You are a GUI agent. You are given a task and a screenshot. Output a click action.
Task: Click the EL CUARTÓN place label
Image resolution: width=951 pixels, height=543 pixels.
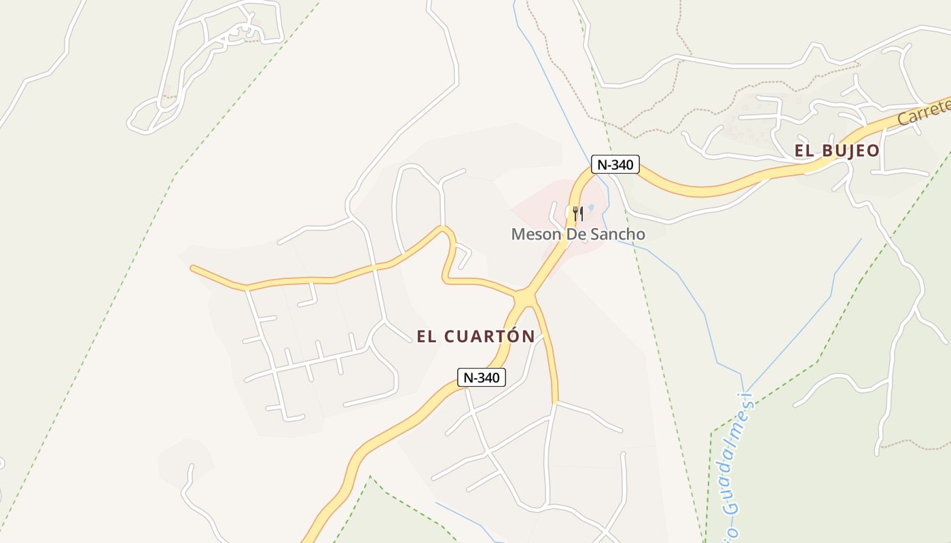(475, 336)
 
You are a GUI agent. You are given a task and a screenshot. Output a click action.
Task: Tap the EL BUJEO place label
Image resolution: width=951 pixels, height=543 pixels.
(837, 151)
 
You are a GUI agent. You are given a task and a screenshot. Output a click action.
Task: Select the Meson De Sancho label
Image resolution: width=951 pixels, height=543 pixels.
(578, 234)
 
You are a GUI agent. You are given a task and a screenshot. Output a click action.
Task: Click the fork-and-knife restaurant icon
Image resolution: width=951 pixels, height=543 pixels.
(577, 214)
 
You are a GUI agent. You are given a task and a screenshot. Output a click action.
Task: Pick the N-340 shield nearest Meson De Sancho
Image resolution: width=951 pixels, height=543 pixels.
(615, 164)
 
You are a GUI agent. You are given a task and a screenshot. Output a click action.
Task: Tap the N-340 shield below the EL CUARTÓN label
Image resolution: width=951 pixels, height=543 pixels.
(482, 377)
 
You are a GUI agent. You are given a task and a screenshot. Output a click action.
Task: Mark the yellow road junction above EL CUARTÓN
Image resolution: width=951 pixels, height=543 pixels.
(524, 298)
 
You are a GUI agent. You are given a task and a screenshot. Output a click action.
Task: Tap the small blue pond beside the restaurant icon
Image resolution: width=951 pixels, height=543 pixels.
(591, 208)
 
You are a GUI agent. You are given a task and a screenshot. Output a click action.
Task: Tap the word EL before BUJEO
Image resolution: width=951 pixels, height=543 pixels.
(804, 151)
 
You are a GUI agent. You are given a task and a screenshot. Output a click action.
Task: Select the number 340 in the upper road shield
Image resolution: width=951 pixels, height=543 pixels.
(622, 164)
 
